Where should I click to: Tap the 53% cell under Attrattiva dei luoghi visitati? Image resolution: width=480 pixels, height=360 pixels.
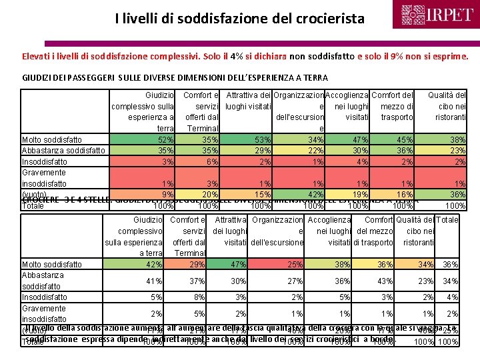261,139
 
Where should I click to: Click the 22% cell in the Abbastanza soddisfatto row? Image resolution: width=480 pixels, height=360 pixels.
316,150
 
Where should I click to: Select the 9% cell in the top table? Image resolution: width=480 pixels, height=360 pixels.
167,194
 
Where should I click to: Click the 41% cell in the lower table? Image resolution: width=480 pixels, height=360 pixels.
155,281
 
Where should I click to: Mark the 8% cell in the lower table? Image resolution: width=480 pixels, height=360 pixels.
199,297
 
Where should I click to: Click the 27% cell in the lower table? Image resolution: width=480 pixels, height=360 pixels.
296,281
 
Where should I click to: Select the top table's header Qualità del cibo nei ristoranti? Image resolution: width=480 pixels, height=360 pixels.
447,106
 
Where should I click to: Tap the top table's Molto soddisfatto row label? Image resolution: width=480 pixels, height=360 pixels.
52,139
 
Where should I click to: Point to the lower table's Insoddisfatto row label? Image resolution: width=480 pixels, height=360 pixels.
45,297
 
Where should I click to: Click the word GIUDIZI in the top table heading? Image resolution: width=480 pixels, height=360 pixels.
37,78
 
